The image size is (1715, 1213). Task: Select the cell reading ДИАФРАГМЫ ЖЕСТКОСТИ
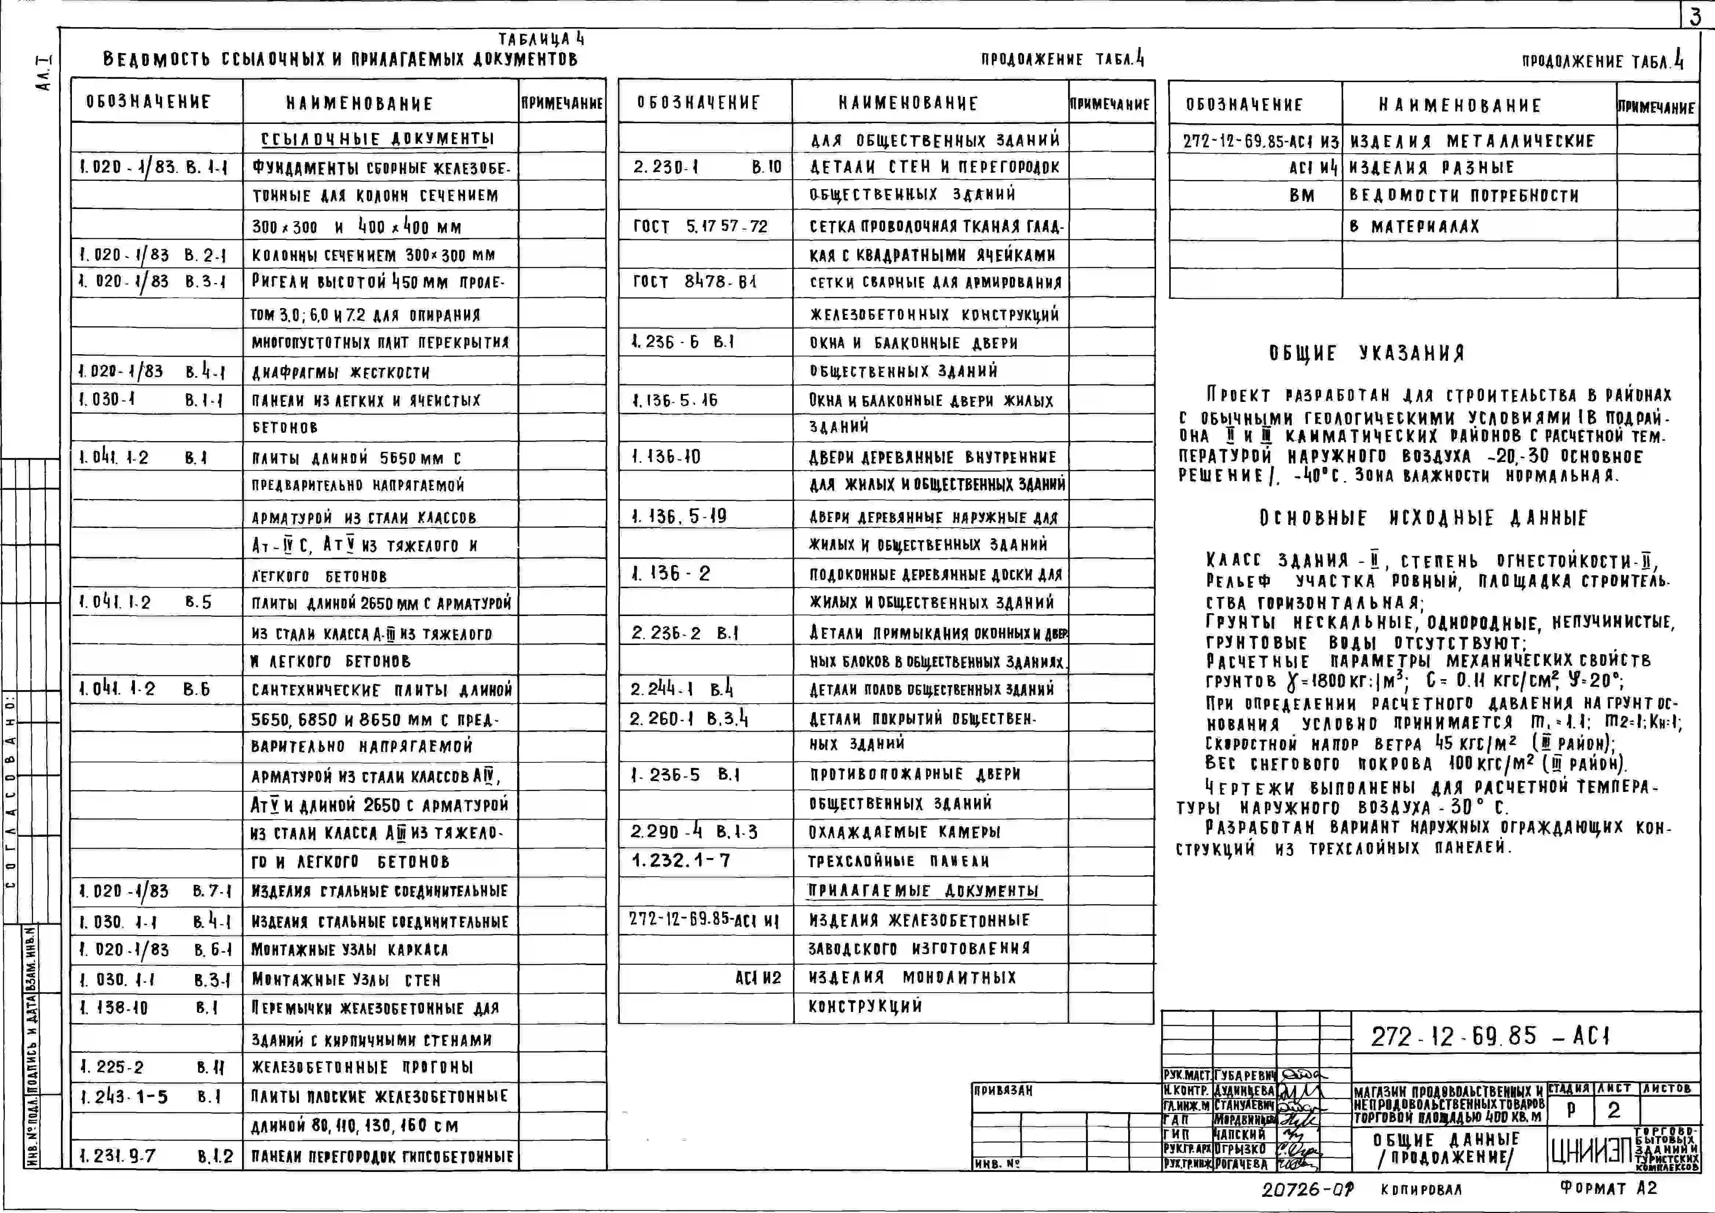341,372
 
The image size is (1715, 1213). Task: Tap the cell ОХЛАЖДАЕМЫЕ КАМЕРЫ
904,832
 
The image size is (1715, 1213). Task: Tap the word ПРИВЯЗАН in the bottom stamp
1003,1091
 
